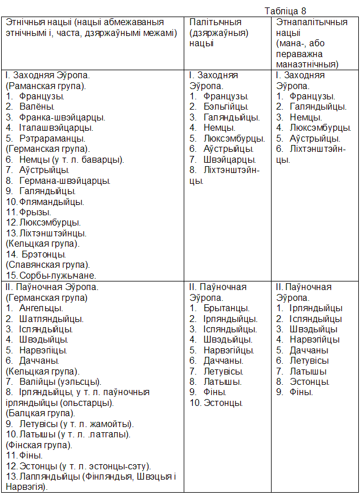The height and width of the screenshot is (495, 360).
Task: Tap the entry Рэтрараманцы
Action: [52, 138]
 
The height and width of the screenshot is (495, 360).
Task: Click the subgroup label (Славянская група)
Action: [47, 265]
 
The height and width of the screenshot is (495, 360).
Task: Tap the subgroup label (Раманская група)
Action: [46, 86]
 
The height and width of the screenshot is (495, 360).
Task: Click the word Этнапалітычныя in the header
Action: [312, 22]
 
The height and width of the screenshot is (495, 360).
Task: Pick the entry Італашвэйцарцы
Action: [56, 128]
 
